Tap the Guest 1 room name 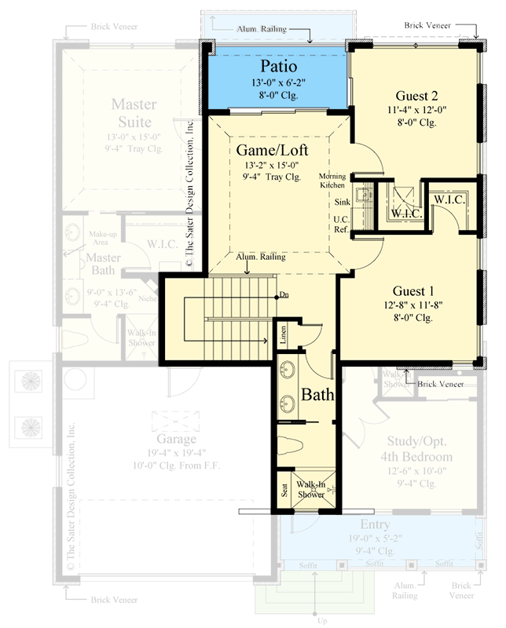pos(412,287)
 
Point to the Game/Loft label pos(271,150)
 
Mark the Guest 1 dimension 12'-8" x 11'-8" pos(412,302)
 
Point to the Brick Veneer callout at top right pos(429,25)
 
